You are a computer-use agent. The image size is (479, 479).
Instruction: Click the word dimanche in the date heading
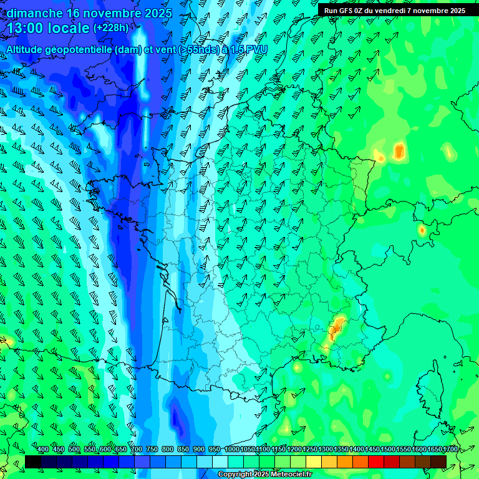(x=34, y=13)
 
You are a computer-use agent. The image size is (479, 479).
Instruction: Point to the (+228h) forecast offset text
(x=111, y=28)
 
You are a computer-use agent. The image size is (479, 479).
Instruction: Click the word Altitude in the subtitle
(x=29, y=50)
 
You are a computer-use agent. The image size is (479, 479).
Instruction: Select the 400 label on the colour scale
(x=43, y=449)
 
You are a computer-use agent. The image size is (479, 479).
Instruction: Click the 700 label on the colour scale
(x=137, y=449)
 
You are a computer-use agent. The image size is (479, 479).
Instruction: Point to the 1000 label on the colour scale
(x=231, y=449)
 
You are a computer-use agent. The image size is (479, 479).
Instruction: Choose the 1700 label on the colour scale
(x=450, y=449)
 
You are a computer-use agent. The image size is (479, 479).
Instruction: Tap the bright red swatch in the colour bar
(x=375, y=462)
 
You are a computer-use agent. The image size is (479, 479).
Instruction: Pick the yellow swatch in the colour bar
(x=313, y=462)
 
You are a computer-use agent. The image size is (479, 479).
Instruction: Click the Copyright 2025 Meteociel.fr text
(x=264, y=475)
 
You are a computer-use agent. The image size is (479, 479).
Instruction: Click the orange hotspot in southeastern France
(x=337, y=327)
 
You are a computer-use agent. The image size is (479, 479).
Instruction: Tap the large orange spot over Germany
(x=399, y=151)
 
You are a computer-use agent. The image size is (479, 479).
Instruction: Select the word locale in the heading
(x=69, y=28)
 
